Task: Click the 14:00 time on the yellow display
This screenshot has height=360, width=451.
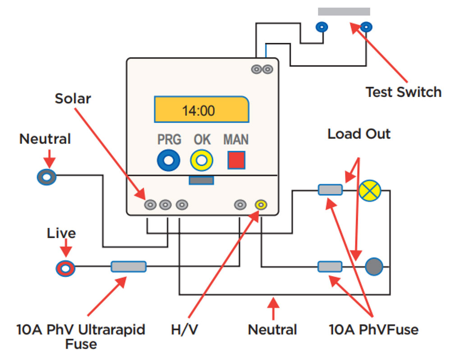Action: pyautogui.click(x=198, y=111)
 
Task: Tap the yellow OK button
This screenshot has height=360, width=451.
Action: pyautogui.click(x=202, y=160)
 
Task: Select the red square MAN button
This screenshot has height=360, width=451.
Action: pyautogui.click(x=236, y=160)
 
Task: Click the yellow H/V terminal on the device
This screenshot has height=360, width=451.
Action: pyautogui.click(x=261, y=205)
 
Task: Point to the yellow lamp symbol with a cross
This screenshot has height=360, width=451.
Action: pyautogui.click(x=370, y=190)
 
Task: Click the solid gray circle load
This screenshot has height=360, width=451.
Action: pyautogui.click(x=374, y=267)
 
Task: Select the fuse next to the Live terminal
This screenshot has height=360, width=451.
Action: pyautogui.click(x=129, y=267)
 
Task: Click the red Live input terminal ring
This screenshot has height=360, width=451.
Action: pyautogui.click(x=65, y=268)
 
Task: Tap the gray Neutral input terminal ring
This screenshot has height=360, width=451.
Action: pyautogui.click(x=46, y=177)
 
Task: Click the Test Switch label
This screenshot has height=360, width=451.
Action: pyautogui.click(x=403, y=92)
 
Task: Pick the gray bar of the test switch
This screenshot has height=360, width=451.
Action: pyautogui.click(x=344, y=12)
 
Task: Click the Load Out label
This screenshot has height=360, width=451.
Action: pyautogui.click(x=359, y=134)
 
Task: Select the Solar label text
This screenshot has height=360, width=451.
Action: pyautogui.click(x=73, y=99)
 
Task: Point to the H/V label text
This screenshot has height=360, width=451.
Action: pyautogui.click(x=184, y=330)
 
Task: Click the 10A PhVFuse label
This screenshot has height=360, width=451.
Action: pyautogui.click(x=373, y=330)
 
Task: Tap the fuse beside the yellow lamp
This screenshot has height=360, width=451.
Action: pyautogui.click(x=330, y=190)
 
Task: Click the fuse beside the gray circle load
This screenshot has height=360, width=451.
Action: pyautogui.click(x=330, y=267)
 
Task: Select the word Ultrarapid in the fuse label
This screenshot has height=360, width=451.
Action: pyautogui.click(x=112, y=330)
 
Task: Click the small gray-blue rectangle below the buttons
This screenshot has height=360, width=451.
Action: pyautogui.click(x=201, y=180)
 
